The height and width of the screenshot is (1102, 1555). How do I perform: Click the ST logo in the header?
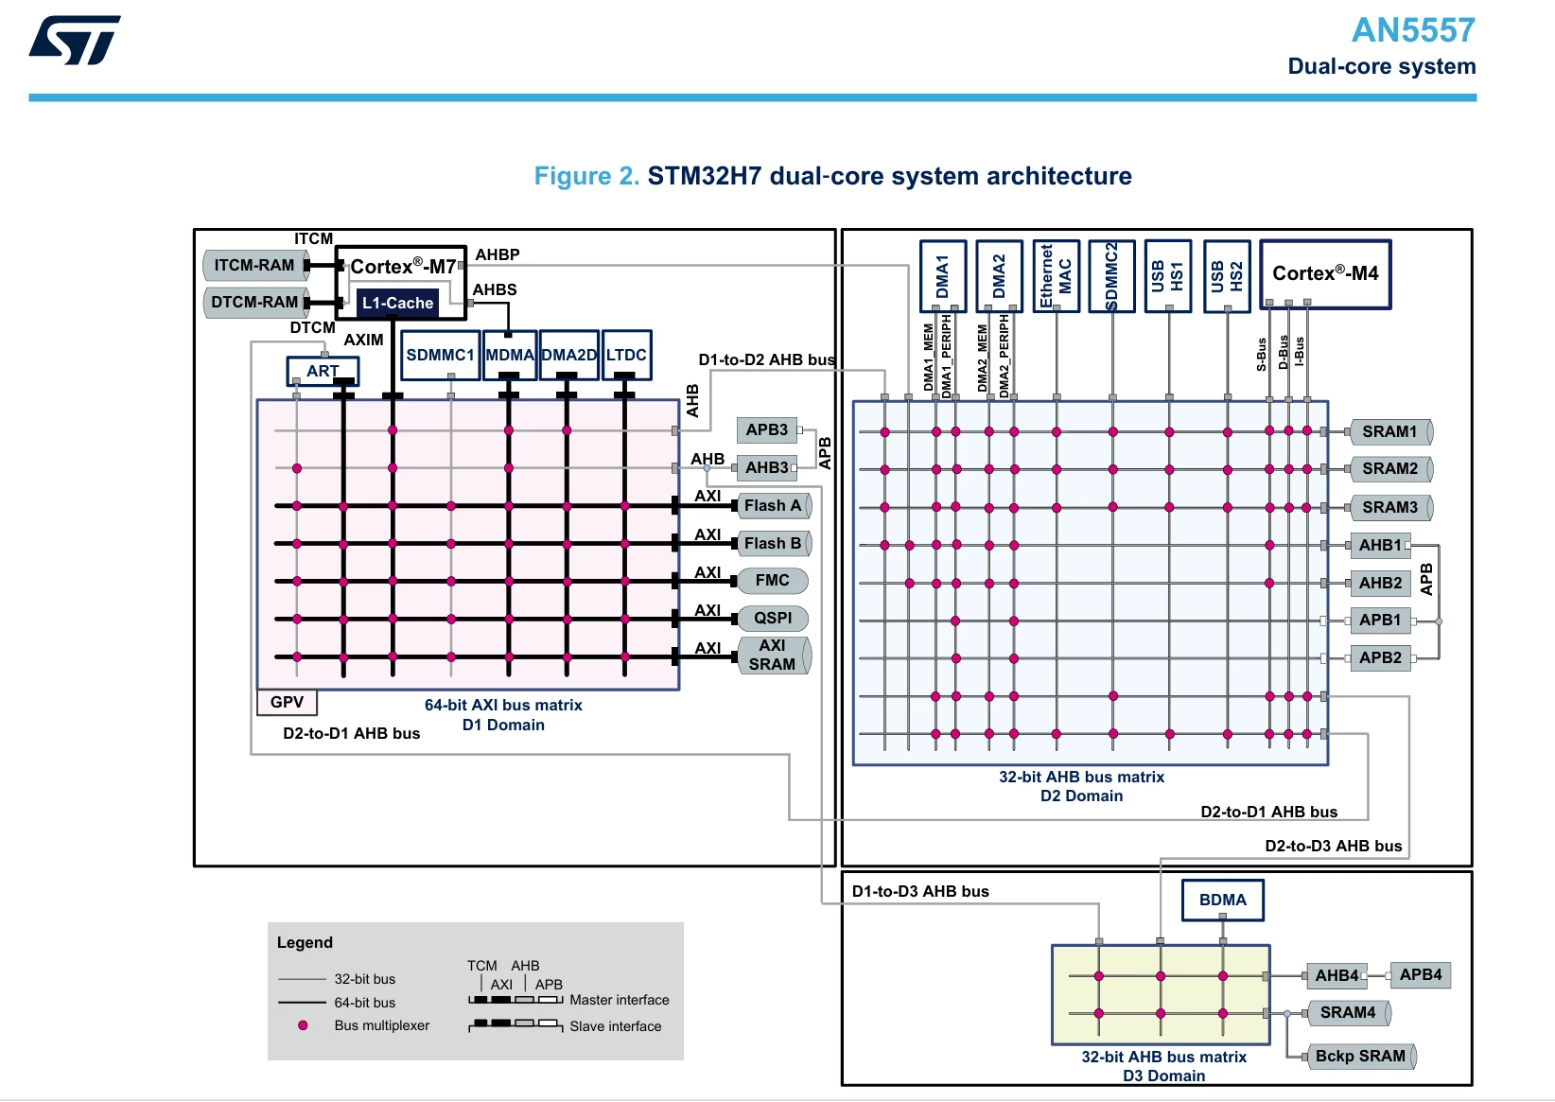tap(75, 41)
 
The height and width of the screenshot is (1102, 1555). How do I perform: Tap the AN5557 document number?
tap(1413, 30)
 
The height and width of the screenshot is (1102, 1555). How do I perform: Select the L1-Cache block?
tap(398, 303)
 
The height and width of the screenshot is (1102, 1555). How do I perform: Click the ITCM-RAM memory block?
tap(255, 265)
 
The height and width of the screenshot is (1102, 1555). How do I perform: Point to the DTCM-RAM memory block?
tap(255, 302)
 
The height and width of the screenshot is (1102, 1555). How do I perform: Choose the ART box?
tap(323, 371)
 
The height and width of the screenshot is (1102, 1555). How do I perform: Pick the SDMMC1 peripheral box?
tap(440, 355)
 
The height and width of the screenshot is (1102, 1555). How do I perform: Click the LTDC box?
tap(626, 355)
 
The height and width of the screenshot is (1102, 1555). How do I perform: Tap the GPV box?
tap(287, 702)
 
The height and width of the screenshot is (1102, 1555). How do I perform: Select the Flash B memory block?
tap(774, 543)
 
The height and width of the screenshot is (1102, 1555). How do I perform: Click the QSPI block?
tap(773, 618)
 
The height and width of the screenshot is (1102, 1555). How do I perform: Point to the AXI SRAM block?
tap(773, 655)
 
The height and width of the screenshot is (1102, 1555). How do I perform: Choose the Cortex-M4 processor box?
tap(1325, 273)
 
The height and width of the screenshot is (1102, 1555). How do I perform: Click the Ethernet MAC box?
tap(1056, 276)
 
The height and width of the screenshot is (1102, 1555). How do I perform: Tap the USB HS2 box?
tap(1227, 276)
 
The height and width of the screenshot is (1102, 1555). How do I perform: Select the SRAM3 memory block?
tap(1390, 507)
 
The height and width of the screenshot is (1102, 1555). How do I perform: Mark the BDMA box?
tap(1222, 900)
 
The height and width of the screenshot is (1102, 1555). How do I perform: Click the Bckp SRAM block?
tap(1360, 1057)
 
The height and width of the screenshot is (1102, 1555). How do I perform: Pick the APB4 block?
tap(1421, 975)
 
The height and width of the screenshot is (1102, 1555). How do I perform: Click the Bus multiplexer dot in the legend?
tap(303, 1025)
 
